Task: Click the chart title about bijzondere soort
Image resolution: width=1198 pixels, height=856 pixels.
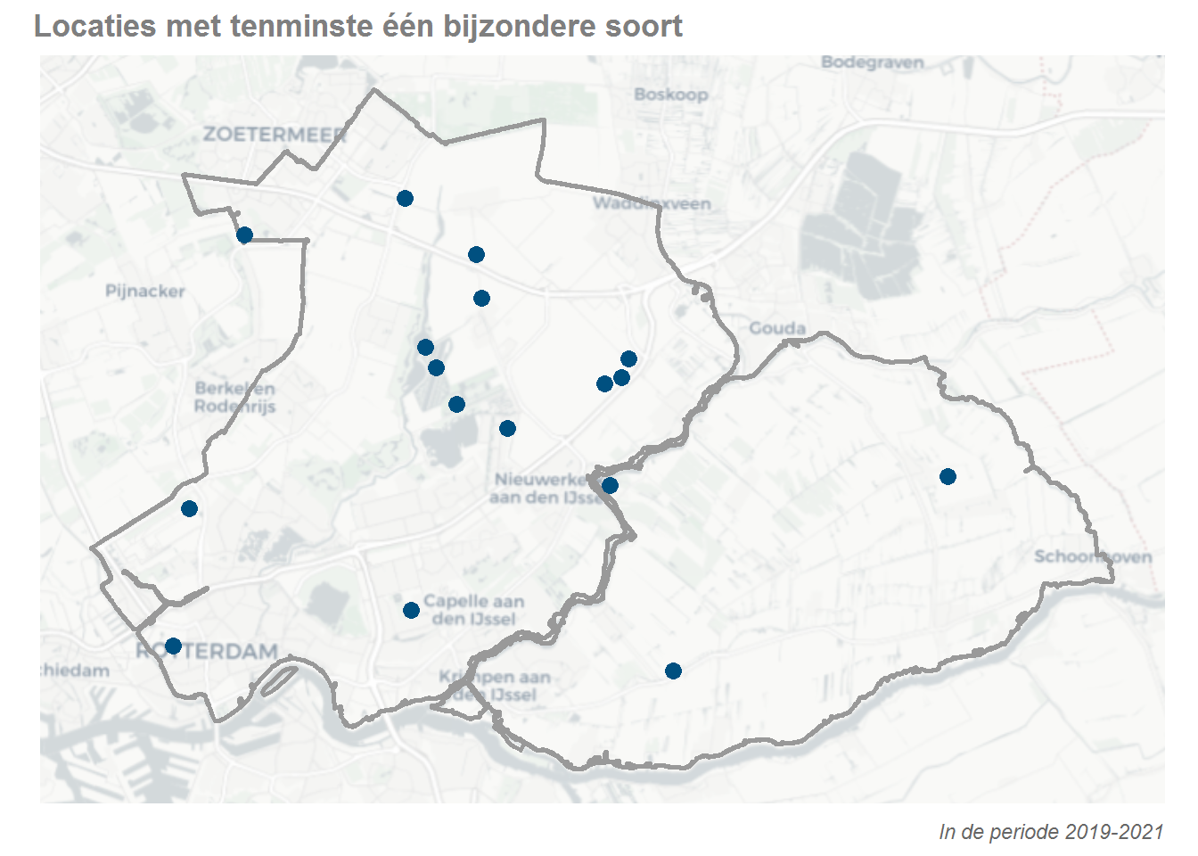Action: [358, 26]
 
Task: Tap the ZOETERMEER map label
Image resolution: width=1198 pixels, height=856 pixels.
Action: [275, 134]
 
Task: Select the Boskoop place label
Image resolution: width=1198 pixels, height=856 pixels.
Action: [671, 95]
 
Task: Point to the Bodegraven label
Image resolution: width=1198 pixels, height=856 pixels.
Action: [872, 62]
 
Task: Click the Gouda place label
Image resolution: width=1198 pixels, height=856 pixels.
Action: [777, 328]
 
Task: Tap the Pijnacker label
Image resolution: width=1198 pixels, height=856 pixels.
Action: [145, 291]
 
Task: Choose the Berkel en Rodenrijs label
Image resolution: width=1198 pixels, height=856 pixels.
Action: [235, 398]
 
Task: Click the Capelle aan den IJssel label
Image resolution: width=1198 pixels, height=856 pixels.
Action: [473, 610]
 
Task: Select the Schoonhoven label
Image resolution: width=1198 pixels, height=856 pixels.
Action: [1093, 556]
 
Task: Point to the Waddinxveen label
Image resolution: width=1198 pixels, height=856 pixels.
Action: [652, 203]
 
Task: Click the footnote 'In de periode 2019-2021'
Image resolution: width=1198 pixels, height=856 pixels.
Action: [1051, 832]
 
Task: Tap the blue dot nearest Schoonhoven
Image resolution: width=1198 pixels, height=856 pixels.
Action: [948, 477]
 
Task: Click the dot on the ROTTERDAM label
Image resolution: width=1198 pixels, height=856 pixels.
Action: [174, 646]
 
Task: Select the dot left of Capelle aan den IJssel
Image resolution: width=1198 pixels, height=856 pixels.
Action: [411, 611]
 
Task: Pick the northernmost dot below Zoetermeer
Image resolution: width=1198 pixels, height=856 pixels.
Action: [405, 198]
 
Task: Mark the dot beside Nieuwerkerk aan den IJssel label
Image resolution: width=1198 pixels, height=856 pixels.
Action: [610, 486]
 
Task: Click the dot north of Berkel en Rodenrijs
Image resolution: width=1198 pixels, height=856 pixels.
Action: [244, 235]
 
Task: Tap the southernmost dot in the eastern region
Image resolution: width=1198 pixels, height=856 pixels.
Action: [673, 671]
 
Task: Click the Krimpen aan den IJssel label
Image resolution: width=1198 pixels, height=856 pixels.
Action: [495, 686]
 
